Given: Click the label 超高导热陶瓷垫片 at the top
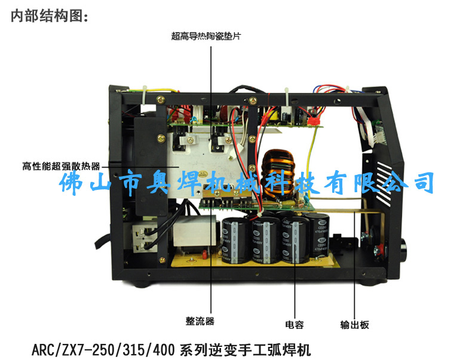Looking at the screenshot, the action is pyautogui.click(x=206, y=36).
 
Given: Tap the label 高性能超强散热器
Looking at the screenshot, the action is pyautogui.click(x=61, y=166).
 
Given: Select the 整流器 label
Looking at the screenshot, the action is pyautogui.click(x=200, y=321).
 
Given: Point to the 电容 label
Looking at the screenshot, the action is pyautogui.click(x=295, y=324).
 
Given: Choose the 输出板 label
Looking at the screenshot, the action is pyautogui.click(x=354, y=325).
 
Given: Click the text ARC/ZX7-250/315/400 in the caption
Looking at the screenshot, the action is pyautogui.click(x=103, y=349).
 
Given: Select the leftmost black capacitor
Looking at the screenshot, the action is pyautogui.click(x=235, y=240).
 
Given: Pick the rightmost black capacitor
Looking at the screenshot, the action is pyautogui.click(x=320, y=235).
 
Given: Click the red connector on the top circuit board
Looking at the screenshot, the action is pyautogui.click(x=314, y=121).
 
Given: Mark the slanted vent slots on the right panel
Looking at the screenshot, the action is pyautogui.click(x=384, y=183).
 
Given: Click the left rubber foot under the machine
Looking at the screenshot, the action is pyautogui.click(x=140, y=284).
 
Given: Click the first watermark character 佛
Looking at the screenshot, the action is pyautogui.click(x=70, y=182).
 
